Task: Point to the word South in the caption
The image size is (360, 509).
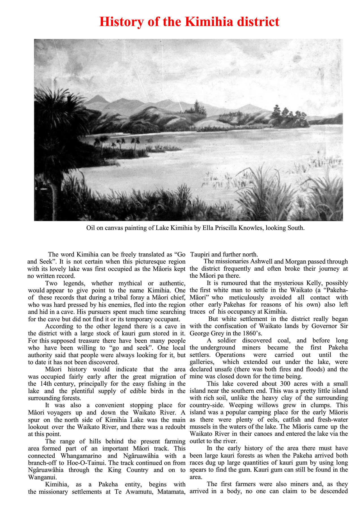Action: point(295,228)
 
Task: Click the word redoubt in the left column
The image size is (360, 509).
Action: point(173,427)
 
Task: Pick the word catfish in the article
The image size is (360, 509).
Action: point(287,420)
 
